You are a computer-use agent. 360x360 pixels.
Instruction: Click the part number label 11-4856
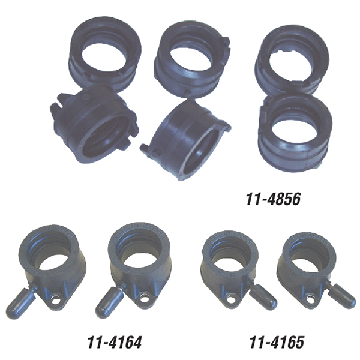273,199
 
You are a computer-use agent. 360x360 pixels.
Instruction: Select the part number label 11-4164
115,342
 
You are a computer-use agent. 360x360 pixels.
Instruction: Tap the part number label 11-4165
277,342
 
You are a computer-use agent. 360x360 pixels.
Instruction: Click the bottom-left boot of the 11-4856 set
94,124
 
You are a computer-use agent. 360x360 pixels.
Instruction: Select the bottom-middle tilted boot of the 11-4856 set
186,140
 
